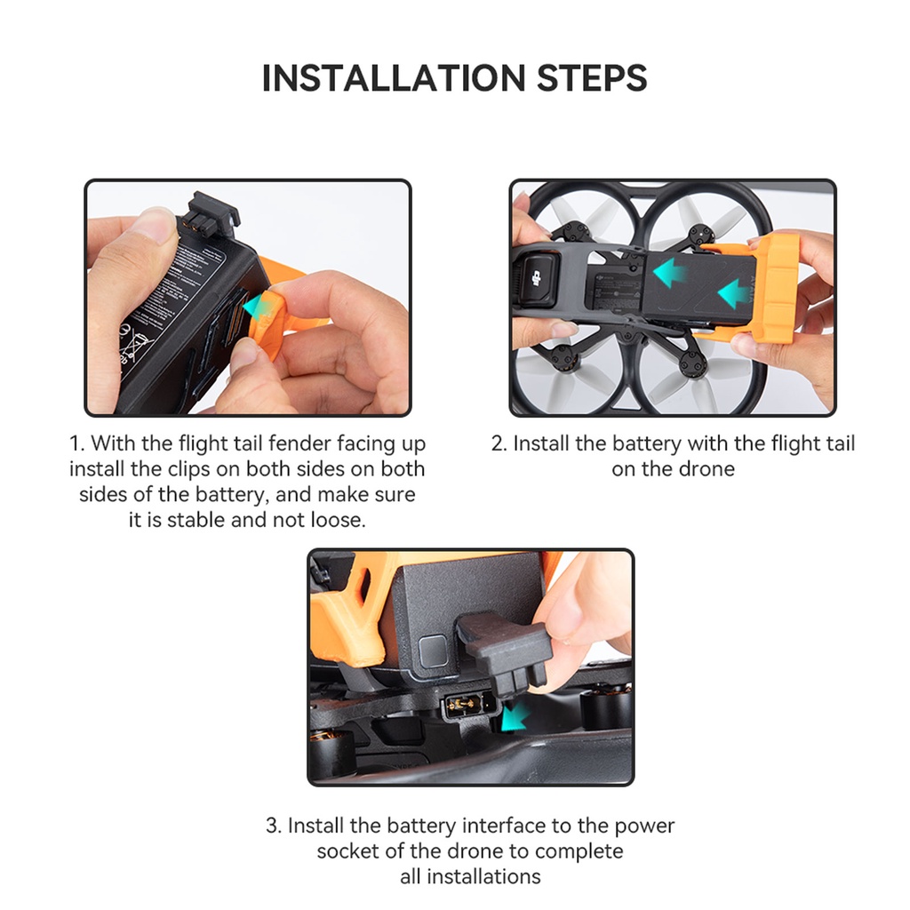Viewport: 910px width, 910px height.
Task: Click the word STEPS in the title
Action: tap(592, 78)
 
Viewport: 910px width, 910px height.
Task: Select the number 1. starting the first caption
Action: tap(76, 443)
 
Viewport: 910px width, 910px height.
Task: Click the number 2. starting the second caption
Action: tap(499, 443)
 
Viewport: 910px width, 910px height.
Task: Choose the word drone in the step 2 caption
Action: tap(706, 468)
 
